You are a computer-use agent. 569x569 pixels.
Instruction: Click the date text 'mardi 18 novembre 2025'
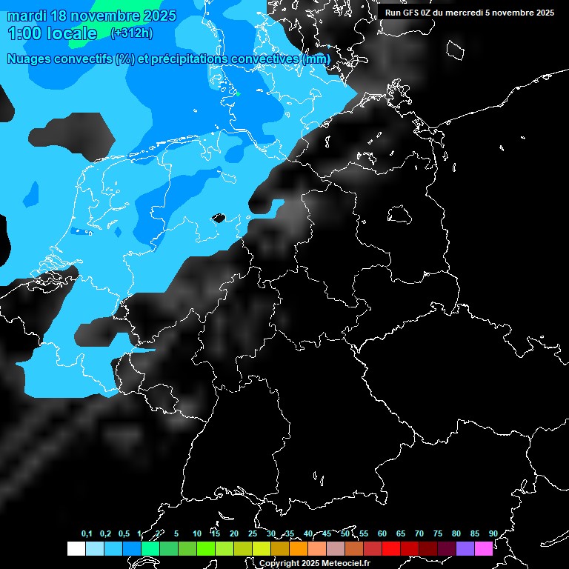[x=91, y=16]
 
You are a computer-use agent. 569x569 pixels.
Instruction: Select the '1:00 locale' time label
[x=52, y=33]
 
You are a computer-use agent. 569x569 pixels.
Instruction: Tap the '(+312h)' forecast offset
[x=131, y=33]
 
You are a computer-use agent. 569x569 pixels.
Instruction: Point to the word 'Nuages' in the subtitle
[x=30, y=59]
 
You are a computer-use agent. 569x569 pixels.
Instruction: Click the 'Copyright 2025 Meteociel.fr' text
[x=314, y=563]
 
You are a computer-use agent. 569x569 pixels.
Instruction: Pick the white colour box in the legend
[x=76, y=548]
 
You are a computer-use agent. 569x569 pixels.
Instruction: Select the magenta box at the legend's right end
[x=483, y=548]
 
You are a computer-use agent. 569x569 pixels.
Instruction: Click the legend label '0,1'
[x=87, y=533]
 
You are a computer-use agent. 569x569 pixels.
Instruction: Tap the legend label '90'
[x=493, y=533]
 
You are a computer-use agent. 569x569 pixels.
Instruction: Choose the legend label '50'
[x=345, y=533]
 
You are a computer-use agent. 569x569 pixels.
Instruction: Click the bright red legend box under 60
[x=390, y=548]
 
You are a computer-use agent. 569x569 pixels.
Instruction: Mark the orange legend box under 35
[x=298, y=548]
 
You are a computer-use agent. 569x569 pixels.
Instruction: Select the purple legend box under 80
[x=465, y=548]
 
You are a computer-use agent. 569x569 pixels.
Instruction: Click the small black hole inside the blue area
[x=218, y=218]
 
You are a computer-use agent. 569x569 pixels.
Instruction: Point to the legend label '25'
[x=253, y=533]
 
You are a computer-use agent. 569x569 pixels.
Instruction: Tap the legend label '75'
[x=437, y=533]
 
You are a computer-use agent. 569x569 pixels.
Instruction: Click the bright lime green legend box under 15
[x=205, y=548]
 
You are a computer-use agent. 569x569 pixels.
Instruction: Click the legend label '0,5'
[x=124, y=533]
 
